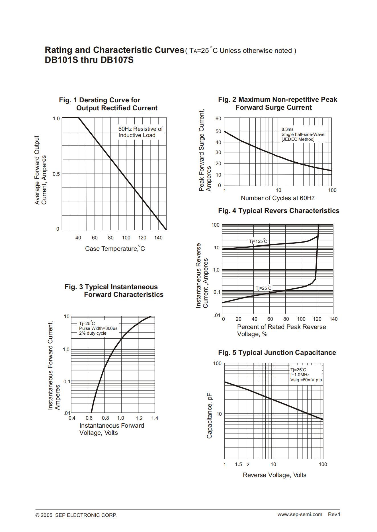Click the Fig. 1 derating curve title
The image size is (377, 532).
point(108,104)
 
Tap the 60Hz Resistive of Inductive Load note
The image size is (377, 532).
point(141,132)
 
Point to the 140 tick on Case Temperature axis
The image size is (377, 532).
point(158,238)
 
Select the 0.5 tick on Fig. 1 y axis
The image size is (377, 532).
point(56,174)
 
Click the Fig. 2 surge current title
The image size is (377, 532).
point(278,103)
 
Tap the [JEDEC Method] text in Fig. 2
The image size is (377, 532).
point(298,139)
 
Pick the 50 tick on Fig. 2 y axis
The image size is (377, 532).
point(218,131)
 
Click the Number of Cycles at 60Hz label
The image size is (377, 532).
point(278,198)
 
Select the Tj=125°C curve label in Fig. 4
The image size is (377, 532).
point(258,241)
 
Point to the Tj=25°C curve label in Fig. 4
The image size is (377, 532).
point(263,288)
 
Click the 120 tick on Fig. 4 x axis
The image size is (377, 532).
point(317,319)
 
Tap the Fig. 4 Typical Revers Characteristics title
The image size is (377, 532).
point(279,211)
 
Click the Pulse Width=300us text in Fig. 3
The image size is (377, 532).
point(98,328)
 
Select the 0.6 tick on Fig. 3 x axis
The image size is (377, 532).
point(89,418)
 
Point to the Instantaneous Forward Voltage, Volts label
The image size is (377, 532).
point(112,429)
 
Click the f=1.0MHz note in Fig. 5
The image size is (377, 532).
point(300,375)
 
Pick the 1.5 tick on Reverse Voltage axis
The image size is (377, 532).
point(239,464)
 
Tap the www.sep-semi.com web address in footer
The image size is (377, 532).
point(300,514)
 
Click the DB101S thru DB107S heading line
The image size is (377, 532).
point(89,60)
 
